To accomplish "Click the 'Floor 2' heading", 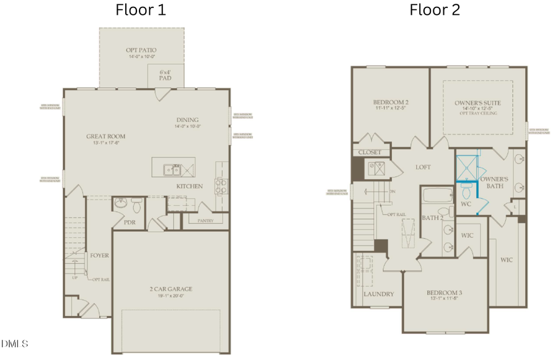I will coord(434,11).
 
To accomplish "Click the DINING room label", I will coord(187,120).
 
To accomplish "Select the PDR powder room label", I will coord(129,221).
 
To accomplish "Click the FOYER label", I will coord(99,255).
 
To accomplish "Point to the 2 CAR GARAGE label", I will coord(170,289).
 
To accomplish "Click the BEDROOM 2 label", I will coord(390,103).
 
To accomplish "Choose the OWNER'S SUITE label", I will coord(477,103).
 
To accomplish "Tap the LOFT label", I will coord(423,167).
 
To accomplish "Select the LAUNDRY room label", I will coord(378,294).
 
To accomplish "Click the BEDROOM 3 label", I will coord(444,293).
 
